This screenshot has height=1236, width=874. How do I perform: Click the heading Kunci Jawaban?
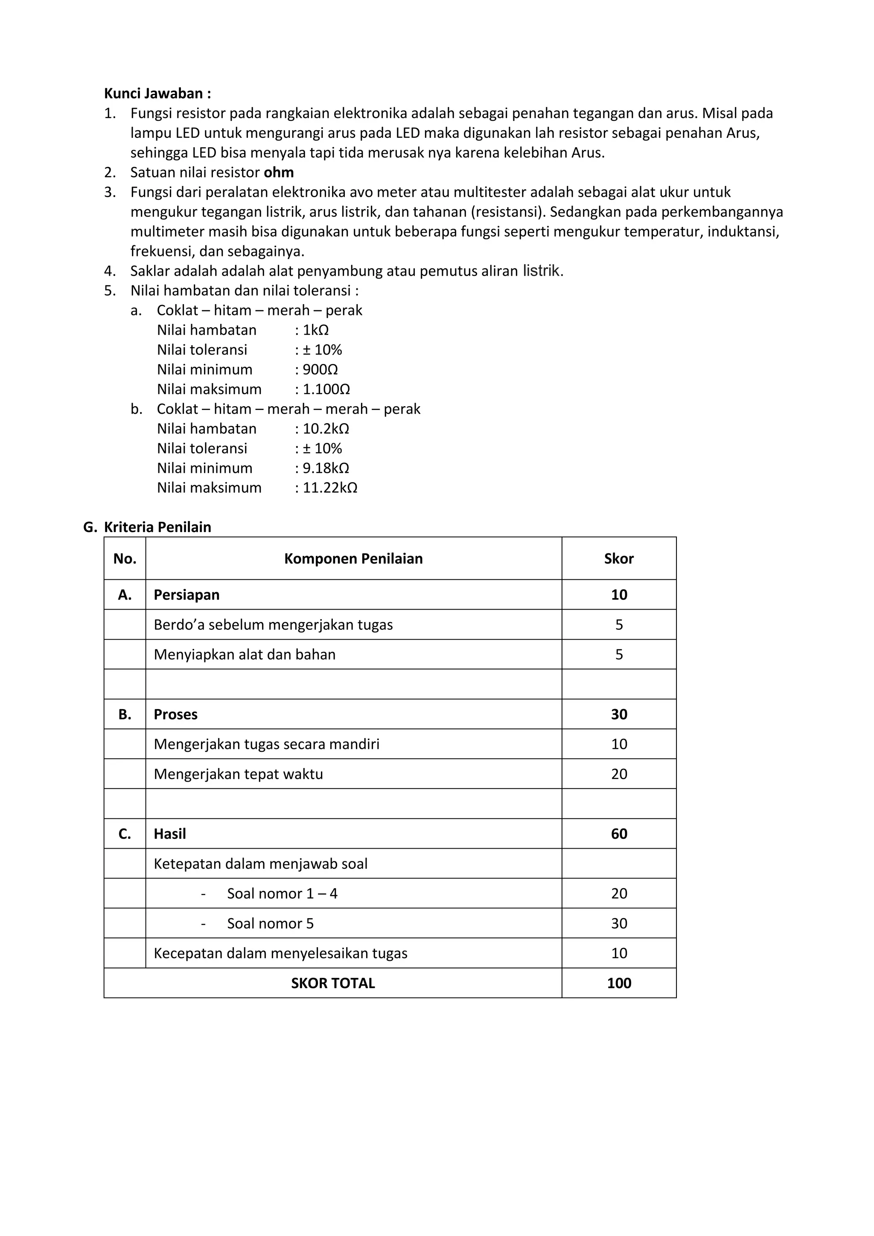coord(157,94)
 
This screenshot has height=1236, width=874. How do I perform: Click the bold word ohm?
coord(278,173)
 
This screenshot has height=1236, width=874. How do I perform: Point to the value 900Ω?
coord(320,370)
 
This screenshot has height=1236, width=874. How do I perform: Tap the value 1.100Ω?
coord(326,389)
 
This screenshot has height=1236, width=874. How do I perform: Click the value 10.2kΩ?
coord(325,429)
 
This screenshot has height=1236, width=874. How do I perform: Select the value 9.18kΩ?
coord(325,468)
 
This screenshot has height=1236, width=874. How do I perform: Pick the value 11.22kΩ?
coord(329,488)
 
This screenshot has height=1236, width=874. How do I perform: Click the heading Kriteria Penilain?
coord(157,527)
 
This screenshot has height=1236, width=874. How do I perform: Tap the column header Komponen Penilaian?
coord(353,559)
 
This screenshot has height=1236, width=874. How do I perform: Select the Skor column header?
coord(618,559)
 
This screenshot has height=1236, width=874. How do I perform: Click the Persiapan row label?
coord(186,595)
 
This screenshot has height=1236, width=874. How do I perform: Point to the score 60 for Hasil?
coord(618,834)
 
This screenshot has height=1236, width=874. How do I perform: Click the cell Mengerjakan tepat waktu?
coord(238,774)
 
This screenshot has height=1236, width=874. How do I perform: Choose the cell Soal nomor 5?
coord(270,924)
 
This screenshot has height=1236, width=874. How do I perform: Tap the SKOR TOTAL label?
coord(333,983)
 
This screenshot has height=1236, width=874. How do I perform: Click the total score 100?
coord(618,983)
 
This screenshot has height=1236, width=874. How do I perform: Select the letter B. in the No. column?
coord(124,714)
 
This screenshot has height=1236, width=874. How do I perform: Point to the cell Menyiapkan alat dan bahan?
coord(245,654)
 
